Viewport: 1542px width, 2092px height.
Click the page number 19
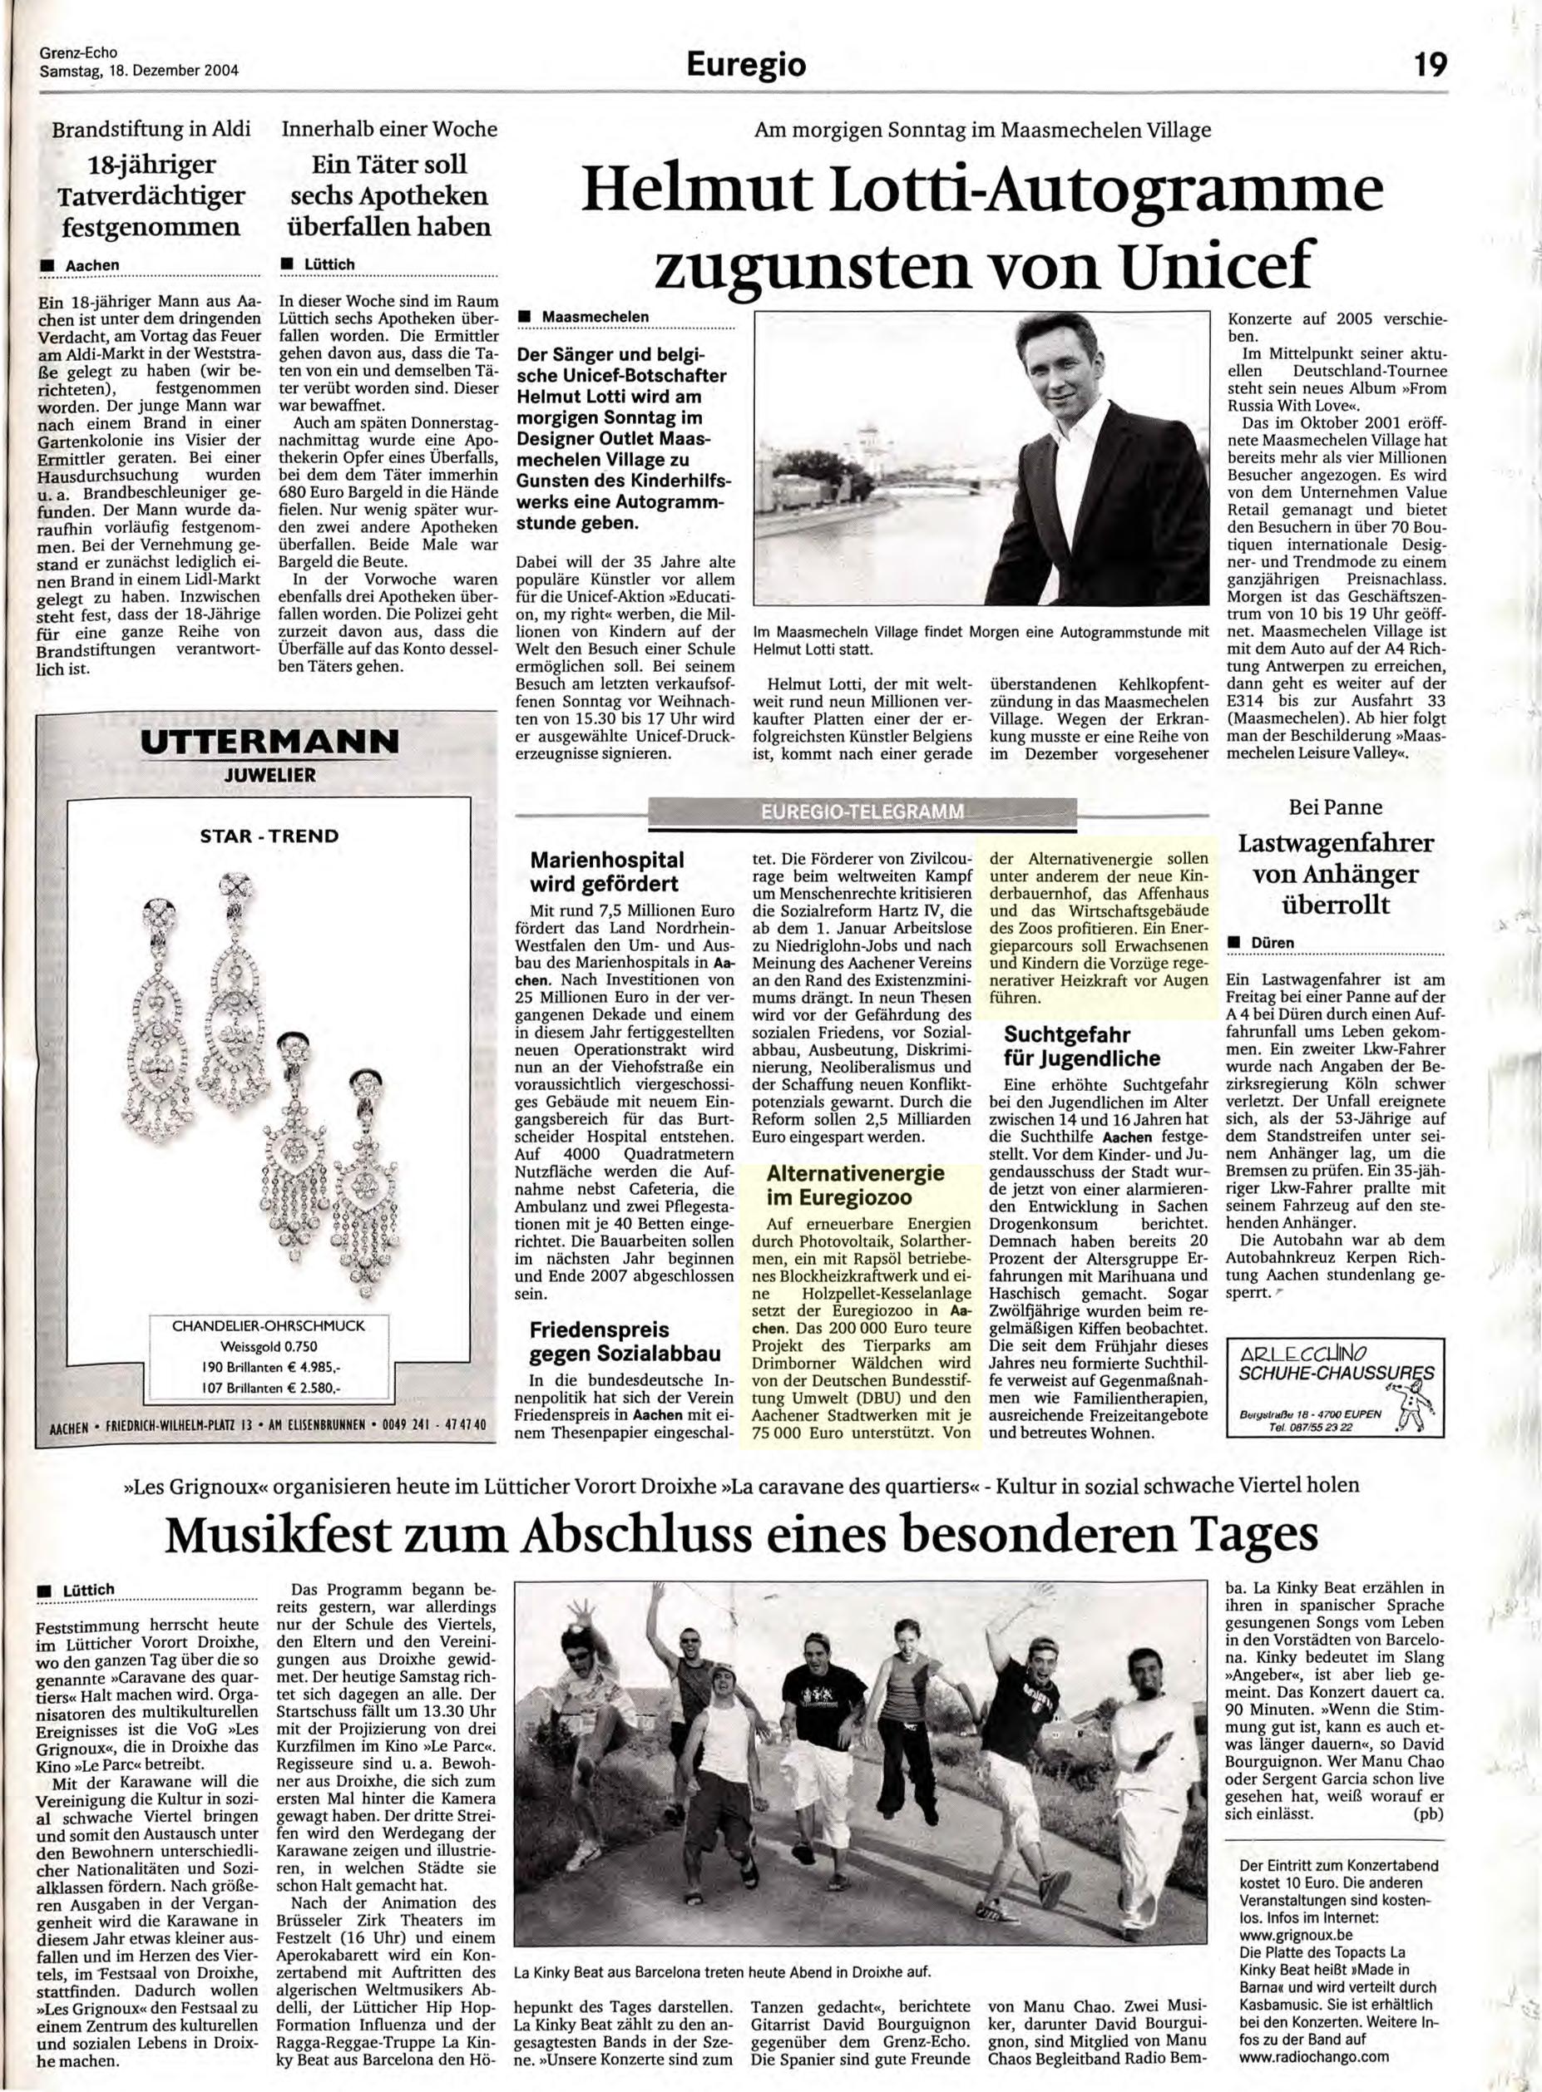[x=1427, y=64]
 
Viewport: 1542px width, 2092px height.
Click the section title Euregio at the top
[x=745, y=64]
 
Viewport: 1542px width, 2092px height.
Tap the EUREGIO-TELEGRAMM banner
[x=862, y=812]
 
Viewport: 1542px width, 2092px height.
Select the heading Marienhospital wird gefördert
[x=605, y=871]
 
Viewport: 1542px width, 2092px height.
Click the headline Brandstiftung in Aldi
[x=151, y=129]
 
